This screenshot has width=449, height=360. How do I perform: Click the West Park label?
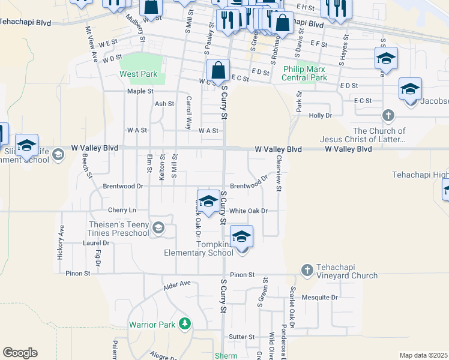tap(138, 74)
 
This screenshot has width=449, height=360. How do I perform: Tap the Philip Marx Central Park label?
tap(305, 74)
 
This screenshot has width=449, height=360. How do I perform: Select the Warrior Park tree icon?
tap(185, 324)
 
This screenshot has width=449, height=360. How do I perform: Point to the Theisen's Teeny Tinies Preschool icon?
tap(158, 227)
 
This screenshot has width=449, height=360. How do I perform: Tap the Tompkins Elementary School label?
tap(198, 248)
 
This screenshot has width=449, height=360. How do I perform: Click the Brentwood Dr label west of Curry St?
tap(123, 186)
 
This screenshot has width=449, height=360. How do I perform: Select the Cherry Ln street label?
tap(122, 210)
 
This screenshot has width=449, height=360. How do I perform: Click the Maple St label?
tap(140, 91)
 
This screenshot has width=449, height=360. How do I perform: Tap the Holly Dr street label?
tap(320, 115)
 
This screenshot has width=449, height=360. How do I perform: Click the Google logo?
tap(20, 353)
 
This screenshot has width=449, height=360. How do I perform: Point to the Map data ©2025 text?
tap(423, 355)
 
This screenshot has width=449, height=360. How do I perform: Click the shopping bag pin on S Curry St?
tap(218, 71)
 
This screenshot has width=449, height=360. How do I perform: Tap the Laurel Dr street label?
tap(97, 243)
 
